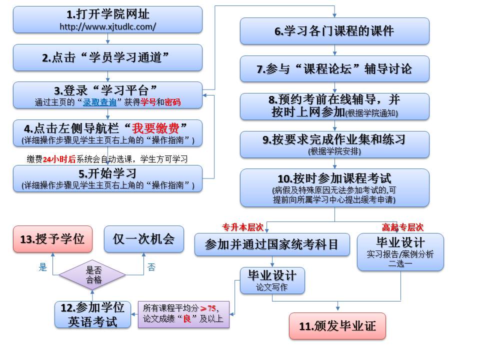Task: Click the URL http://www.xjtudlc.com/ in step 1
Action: [x=107, y=26]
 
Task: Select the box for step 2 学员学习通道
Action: [x=107, y=57]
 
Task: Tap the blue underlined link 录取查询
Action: [x=99, y=102]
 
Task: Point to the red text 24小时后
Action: [x=59, y=159]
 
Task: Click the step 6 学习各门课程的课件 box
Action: [x=334, y=31]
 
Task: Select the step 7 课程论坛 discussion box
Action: [x=334, y=69]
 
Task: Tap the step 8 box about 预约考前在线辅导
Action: [x=334, y=106]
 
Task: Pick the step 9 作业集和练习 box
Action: [x=334, y=144]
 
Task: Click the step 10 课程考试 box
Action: [x=334, y=187]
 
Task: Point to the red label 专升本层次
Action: [x=243, y=226]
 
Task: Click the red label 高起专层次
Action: [x=402, y=226]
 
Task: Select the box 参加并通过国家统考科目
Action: [x=271, y=244]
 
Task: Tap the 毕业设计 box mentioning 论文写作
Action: [x=272, y=280]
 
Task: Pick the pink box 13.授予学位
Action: [x=52, y=239]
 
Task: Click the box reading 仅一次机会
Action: [x=143, y=239]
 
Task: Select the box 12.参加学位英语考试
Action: [x=92, y=315]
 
